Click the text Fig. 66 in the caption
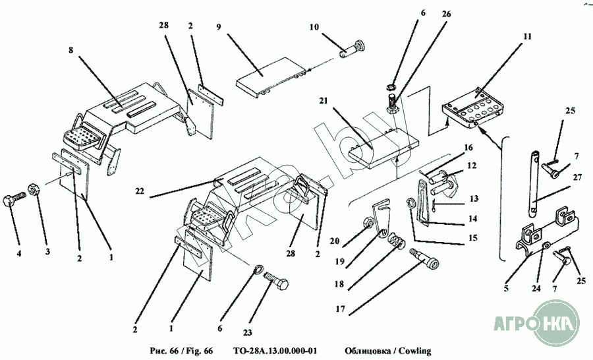198,349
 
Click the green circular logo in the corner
553,323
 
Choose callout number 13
474,198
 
